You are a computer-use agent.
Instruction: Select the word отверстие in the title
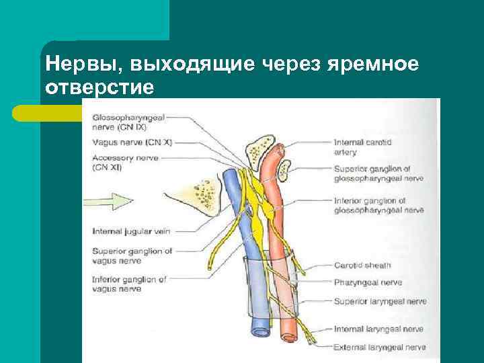(x=100, y=87)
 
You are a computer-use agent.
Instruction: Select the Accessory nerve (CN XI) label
(x=126, y=162)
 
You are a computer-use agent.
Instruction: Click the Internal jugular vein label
(x=131, y=231)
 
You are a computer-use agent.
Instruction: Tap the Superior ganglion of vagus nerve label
(x=132, y=255)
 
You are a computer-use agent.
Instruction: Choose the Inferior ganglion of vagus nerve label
(x=129, y=284)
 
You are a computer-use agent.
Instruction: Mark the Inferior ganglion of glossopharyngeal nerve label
(x=378, y=205)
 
